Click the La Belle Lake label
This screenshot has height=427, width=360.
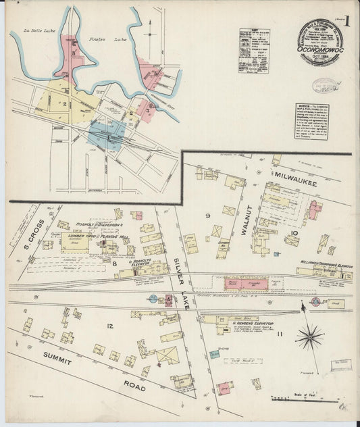point(37,30)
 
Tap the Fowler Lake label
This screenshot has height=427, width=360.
point(103,41)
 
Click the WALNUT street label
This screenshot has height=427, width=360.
point(247,221)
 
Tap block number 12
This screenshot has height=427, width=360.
point(109,327)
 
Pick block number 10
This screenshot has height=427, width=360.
point(294,233)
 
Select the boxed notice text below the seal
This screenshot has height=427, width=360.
point(311,121)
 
